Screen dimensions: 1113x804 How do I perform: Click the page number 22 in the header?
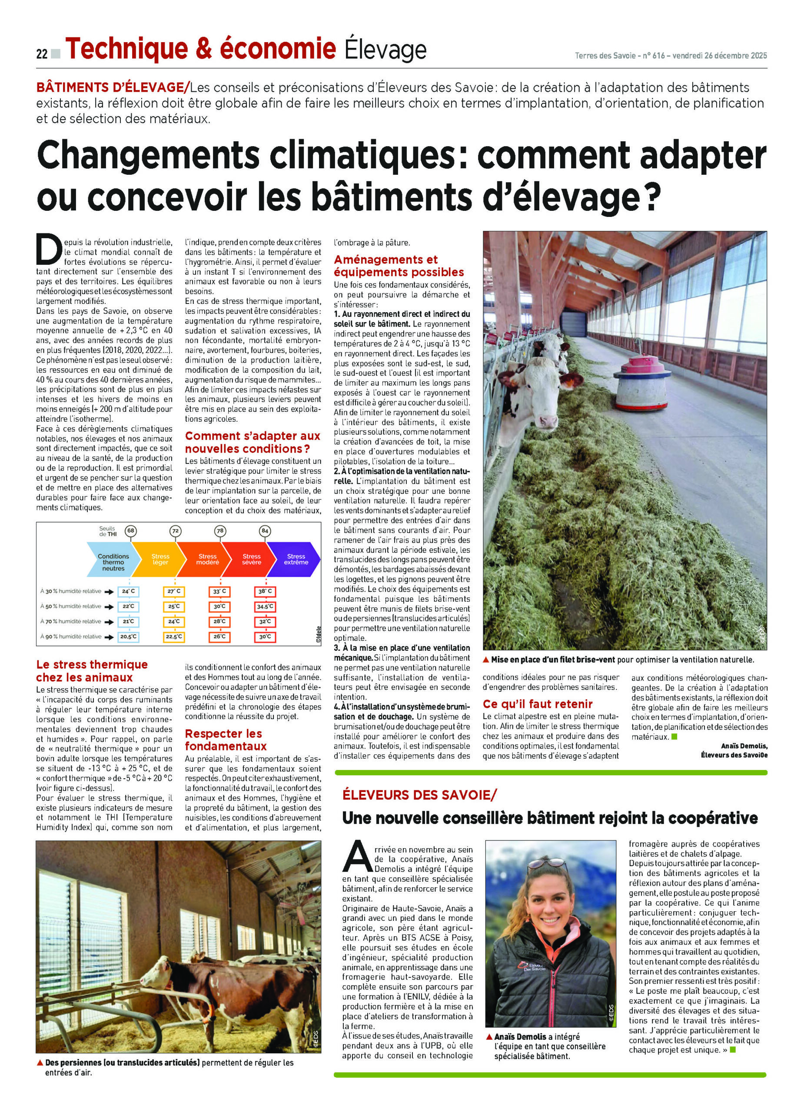[x=41, y=54]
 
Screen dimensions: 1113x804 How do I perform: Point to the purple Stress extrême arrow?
[x=296, y=559]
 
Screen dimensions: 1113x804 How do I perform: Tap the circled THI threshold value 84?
[x=266, y=530]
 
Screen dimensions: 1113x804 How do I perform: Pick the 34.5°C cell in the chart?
[x=265, y=606]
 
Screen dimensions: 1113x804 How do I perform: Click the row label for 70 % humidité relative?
[x=71, y=621]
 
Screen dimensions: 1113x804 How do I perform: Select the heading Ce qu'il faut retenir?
[x=538, y=704]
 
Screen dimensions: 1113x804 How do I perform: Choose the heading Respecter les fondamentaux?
[x=226, y=740]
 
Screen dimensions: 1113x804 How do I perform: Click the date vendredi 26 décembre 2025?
[x=719, y=56]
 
